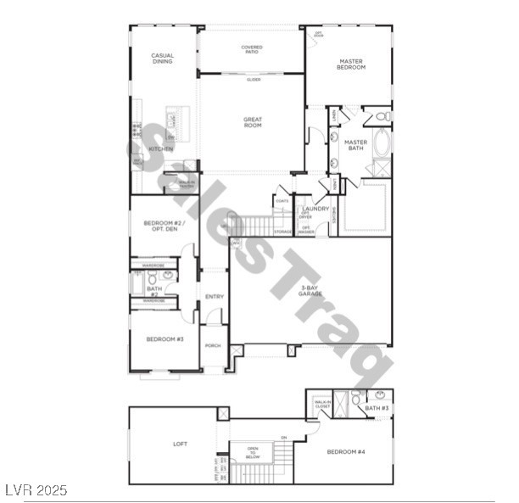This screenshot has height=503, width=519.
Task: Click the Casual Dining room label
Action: (163, 59)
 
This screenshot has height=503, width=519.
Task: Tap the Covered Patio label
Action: (251, 50)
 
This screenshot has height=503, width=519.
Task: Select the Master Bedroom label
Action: (351, 64)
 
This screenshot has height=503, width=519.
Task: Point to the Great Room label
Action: (252, 122)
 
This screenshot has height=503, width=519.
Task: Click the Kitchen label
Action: (160, 149)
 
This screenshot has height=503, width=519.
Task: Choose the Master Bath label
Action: (355, 145)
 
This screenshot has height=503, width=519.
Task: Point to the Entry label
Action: (215, 296)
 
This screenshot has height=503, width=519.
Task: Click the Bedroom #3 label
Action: (165, 339)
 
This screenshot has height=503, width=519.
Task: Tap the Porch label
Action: (214, 346)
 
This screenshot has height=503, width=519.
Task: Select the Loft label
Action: (179, 444)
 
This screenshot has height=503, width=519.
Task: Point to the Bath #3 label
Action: (378, 409)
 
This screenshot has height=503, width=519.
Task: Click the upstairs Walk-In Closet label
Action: (322, 405)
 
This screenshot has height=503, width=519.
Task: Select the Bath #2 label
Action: (153, 291)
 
